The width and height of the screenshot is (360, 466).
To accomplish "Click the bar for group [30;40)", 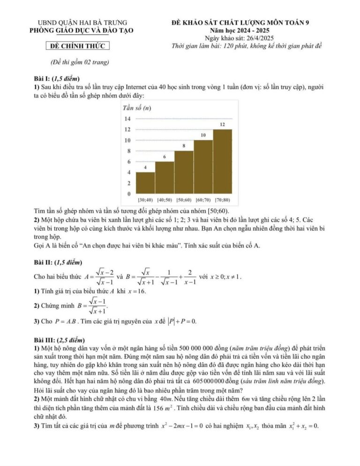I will (145, 183).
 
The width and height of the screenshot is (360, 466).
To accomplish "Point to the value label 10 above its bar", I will (203, 135).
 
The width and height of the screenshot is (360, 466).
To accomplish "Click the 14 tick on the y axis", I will (127, 119).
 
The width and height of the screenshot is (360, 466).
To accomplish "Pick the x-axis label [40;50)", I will (165, 200).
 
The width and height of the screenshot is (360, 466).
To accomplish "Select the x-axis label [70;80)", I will (223, 200).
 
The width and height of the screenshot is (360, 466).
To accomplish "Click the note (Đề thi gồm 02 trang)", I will (79, 63).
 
